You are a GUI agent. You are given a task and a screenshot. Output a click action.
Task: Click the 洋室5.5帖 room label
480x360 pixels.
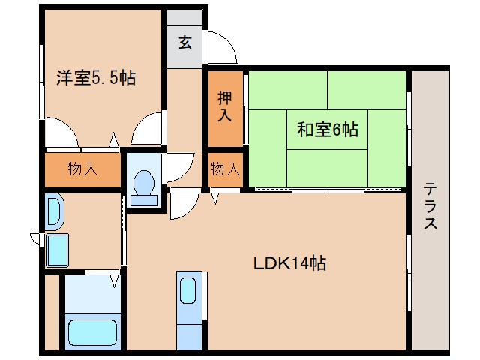tap(95, 76)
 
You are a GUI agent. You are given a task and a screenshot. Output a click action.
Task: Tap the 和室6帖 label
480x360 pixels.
tap(328, 130)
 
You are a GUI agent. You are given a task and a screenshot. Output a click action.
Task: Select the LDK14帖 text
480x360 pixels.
tap(288, 263)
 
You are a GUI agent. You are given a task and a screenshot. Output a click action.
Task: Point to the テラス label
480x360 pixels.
tap(430, 206)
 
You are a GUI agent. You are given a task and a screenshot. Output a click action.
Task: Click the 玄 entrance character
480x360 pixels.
tap(184, 41)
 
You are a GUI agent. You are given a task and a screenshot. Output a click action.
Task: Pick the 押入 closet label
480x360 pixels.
tap(225, 106)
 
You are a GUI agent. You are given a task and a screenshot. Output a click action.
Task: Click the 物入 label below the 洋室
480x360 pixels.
tap(82, 169)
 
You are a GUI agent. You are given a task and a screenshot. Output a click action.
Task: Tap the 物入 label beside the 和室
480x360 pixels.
tap(225, 169)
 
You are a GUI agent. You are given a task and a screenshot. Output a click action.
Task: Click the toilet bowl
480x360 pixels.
tap(143, 184)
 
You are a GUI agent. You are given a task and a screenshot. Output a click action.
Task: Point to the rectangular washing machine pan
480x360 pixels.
tap(58, 250)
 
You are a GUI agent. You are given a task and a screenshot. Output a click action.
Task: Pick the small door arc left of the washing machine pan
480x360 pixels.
tap(36, 238)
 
